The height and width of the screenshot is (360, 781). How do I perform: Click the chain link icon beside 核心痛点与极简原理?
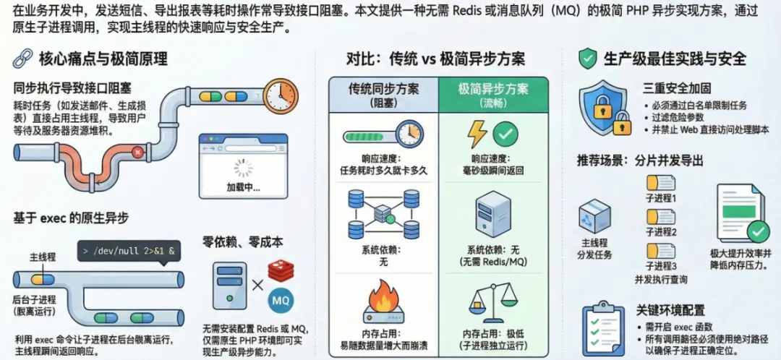pos(24,59)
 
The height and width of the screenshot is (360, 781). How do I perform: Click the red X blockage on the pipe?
pos(137,152)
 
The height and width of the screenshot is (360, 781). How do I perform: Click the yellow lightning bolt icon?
pos(477,134)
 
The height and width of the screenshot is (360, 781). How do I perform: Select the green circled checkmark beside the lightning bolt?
pos(505,134)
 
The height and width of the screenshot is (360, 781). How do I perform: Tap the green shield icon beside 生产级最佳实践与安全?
pos(588,59)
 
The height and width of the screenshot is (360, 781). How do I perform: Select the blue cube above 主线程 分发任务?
pos(595,215)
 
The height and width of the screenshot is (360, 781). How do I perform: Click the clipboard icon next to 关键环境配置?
pos(604,325)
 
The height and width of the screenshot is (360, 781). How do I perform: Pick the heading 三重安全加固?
pos(672,88)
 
